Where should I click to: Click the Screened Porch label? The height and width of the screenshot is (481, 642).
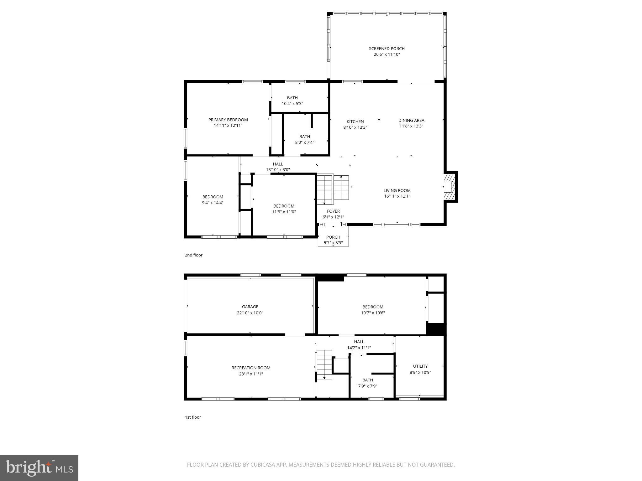(x=387, y=49)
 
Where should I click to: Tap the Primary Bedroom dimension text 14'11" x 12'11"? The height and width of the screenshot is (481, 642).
(x=228, y=126)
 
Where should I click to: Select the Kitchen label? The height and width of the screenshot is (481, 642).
(x=355, y=122)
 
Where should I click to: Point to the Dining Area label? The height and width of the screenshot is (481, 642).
(x=411, y=120)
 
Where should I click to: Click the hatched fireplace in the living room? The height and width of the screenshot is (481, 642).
(x=449, y=187)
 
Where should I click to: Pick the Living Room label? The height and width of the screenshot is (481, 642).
(x=397, y=190)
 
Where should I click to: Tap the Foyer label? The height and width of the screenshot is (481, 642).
(x=333, y=211)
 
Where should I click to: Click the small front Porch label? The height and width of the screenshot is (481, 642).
(x=333, y=237)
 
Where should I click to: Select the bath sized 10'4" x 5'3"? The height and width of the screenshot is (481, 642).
(x=292, y=101)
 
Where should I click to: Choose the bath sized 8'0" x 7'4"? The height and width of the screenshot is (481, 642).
(x=304, y=139)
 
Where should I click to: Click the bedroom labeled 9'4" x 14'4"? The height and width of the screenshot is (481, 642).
(x=213, y=199)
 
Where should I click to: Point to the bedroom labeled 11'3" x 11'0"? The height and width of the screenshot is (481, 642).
(x=284, y=209)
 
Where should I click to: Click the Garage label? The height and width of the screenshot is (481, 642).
(x=250, y=307)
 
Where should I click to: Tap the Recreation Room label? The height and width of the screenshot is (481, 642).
(x=251, y=368)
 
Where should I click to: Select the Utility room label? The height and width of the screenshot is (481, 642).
(x=420, y=366)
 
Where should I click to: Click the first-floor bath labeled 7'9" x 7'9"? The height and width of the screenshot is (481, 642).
(x=367, y=383)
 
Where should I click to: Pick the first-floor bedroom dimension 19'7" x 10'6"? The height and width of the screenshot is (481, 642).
(x=373, y=313)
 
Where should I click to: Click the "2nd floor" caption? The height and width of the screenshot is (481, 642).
(x=193, y=255)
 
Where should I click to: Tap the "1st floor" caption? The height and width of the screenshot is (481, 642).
(x=193, y=417)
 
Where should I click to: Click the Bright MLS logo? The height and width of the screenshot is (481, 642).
(x=39, y=468)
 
